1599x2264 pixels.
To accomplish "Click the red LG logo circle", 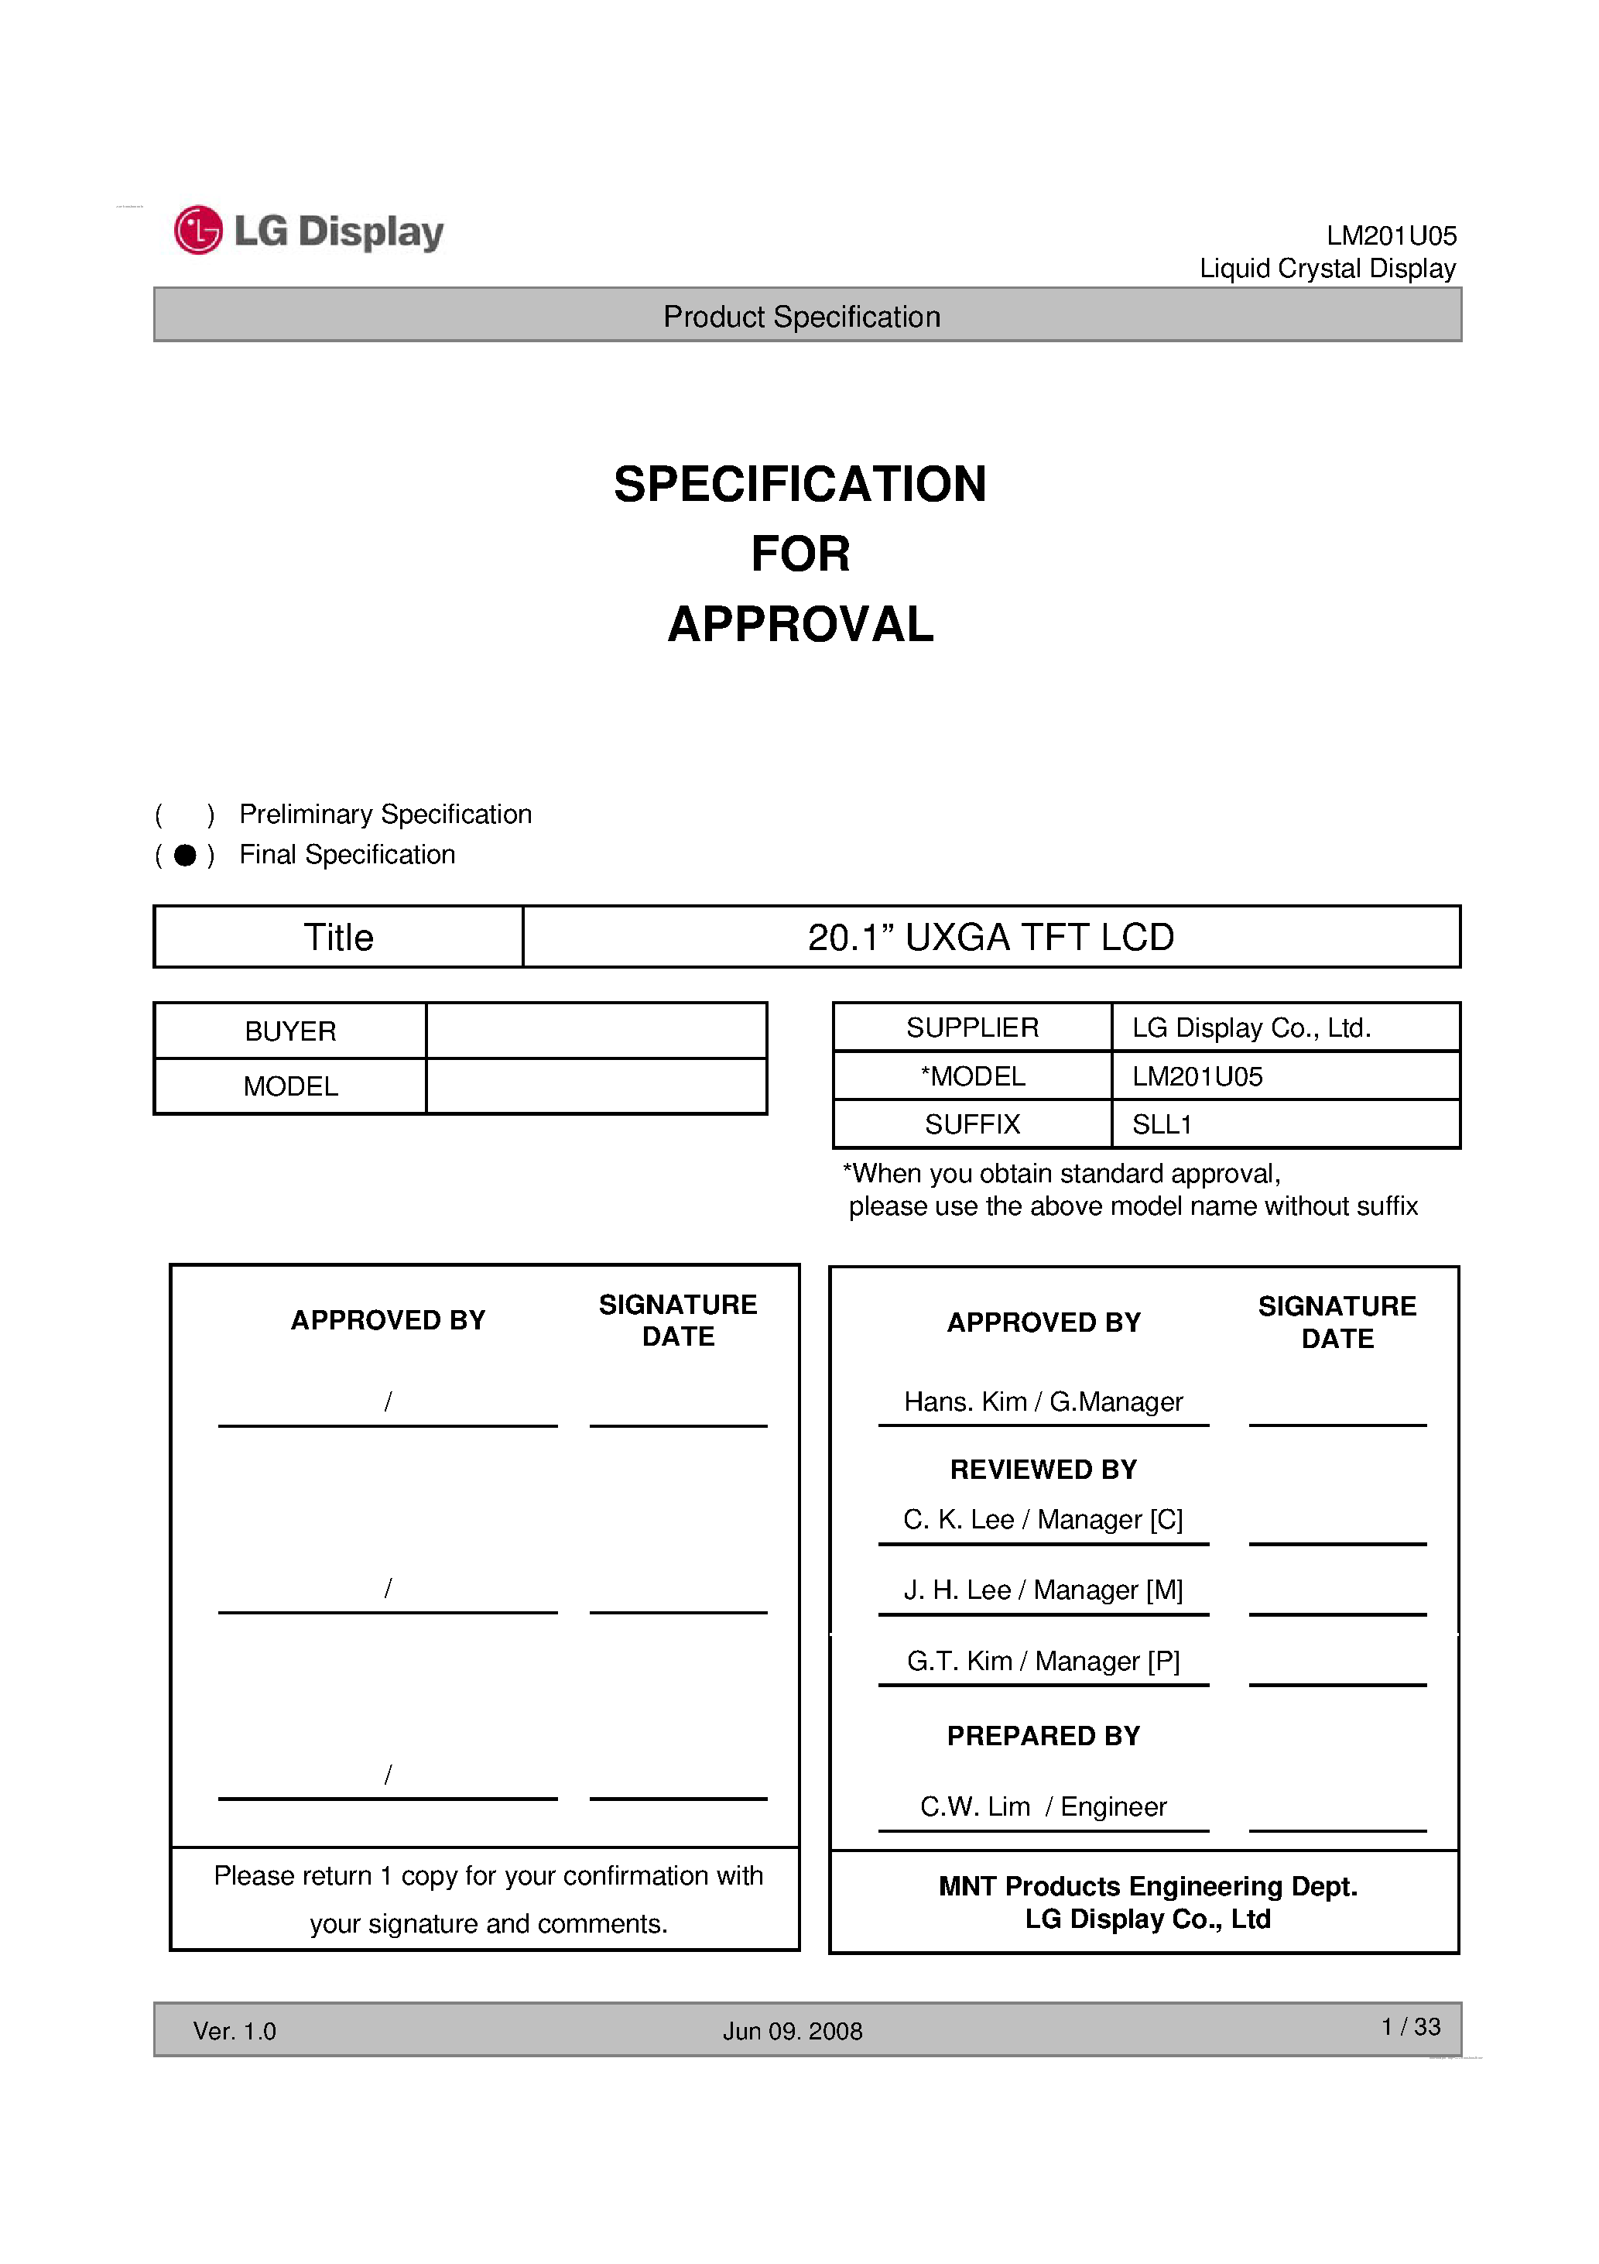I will click(x=198, y=231).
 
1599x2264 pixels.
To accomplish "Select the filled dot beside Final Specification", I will click(x=185, y=855).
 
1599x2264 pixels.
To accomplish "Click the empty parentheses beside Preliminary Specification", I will click(x=184, y=815).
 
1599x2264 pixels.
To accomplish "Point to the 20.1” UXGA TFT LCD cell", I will click(x=990, y=937).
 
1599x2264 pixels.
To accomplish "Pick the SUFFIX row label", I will click(x=972, y=1124).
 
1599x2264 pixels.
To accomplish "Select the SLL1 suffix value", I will click(x=1162, y=1124).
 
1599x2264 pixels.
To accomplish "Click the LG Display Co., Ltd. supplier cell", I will click(x=1251, y=1027).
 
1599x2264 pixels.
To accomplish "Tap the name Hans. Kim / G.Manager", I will click(x=1043, y=1401).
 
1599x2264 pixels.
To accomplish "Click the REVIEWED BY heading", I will click(x=1043, y=1470).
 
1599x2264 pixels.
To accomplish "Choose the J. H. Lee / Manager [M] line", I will click(x=1043, y=1590).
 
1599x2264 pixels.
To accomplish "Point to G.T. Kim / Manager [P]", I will click(x=1043, y=1661).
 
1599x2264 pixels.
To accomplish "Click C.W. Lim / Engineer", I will click(x=1043, y=1806).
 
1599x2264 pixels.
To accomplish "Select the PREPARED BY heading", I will click(x=1043, y=1735).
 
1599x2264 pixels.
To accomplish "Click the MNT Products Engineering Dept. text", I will click(x=1148, y=1885).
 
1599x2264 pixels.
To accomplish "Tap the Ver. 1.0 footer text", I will click(x=235, y=2031).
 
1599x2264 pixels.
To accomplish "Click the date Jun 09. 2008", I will click(x=792, y=2031).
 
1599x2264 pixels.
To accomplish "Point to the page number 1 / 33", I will click(x=1411, y=2026).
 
